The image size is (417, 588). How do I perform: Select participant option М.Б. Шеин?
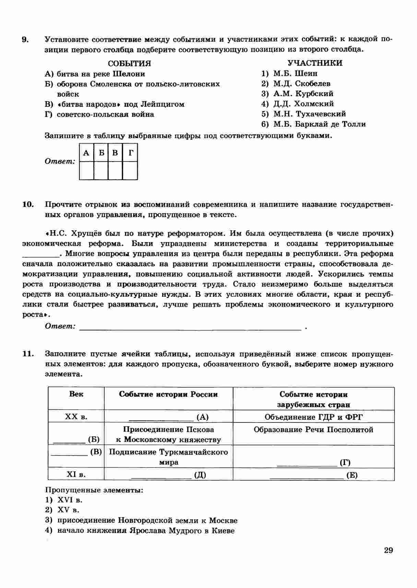click(295, 73)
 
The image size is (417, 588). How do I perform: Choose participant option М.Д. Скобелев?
click(301, 83)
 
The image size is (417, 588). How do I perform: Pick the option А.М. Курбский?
click(303, 94)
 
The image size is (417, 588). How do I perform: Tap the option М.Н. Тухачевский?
click(309, 114)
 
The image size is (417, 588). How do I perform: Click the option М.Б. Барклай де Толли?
click(319, 124)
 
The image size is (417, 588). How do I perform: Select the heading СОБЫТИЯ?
click(129, 64)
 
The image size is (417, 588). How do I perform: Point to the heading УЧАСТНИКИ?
click(314, 63)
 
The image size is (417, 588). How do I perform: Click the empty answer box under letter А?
click(86, 170)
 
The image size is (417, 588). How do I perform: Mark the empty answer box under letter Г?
click(130, 170)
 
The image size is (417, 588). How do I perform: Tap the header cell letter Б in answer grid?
click(101, 153)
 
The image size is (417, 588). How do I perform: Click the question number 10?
click(28, 205)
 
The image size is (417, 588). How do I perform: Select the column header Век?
click(76, 394)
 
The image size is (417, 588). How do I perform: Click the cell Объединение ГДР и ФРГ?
click(313, 417)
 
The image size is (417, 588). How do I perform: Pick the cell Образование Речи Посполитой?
click(313, 430)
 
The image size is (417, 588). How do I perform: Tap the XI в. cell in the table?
click(76, 475)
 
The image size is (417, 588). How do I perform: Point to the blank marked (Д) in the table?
click(168, 475)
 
